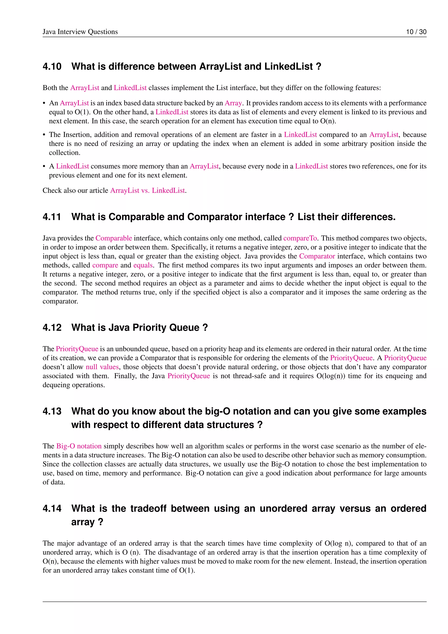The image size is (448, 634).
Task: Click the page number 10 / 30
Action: point(416,32)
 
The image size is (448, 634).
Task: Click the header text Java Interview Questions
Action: point(80,32)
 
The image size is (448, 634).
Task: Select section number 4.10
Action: point(52,67)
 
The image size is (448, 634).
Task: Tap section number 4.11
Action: point(52,217)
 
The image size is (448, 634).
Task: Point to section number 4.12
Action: point(52,328)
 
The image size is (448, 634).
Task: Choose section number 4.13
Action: point(52,411)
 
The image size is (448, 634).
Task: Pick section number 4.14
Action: point(52,508)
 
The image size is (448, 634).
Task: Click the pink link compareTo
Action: point(300,238)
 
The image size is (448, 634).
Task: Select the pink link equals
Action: point(143,265)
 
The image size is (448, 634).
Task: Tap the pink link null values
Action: point(102,367)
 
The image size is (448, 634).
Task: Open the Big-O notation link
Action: point(79,446)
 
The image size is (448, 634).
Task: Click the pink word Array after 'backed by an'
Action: point(233,103)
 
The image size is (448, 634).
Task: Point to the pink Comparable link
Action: point(114,238)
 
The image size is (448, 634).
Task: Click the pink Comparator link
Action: point(317,256)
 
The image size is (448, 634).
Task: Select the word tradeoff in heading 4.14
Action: point(148,508)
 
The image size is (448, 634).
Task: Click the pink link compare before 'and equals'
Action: point(105,265)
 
